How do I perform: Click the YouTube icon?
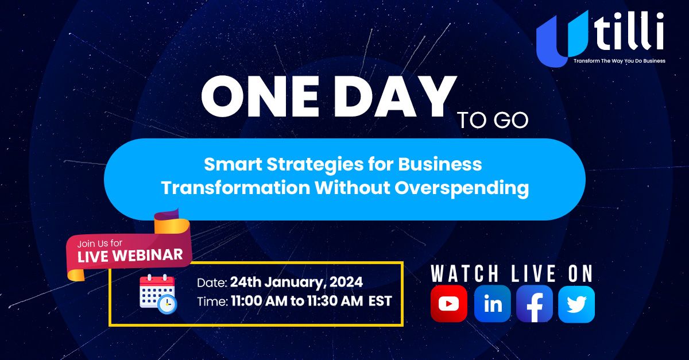point(449,304)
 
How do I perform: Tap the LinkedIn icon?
point(492,304)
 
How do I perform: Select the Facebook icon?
point(535,304)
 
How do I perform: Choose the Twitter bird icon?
point(576,304)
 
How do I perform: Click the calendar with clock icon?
point(158,294)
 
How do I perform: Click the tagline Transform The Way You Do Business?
point(619,61)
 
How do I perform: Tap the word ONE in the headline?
point(260,96)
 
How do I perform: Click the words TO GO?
point(493,121)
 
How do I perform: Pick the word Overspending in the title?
point(462,188)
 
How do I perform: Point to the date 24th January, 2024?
point(296,282)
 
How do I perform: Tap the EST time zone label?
point(380,301)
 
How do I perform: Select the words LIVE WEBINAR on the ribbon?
point(130,256)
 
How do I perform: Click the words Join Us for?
point(100,243)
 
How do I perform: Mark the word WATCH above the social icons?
point(465,273)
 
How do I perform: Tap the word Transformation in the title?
point(235,188)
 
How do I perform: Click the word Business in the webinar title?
point(440,165)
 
